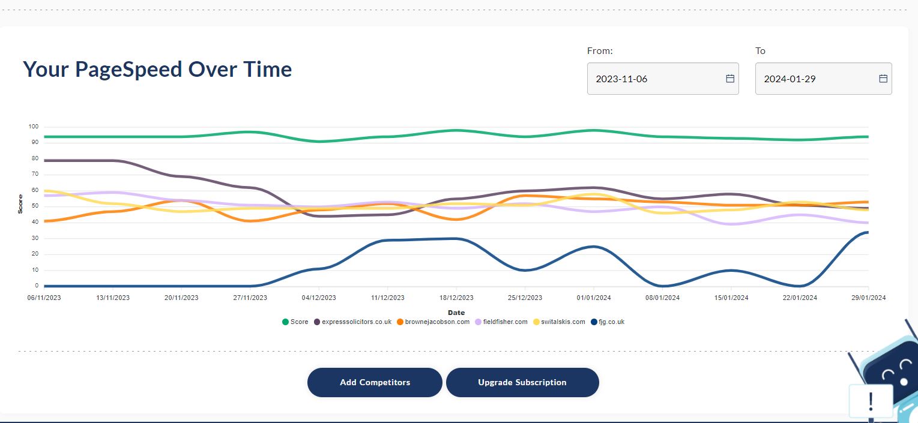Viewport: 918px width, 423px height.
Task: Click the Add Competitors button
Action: click(375, 382)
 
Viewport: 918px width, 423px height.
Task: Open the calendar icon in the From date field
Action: click(730, 79)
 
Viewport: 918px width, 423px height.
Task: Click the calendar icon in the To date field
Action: click(883, 79)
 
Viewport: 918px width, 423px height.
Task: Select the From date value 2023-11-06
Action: click(621, 79)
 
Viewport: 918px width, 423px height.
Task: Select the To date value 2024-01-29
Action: click(790, 79)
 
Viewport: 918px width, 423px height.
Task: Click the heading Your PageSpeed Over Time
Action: click(157, 69)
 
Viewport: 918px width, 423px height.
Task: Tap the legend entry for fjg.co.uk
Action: click(608, 322)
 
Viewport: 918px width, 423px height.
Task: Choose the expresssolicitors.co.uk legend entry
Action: click(353, 322)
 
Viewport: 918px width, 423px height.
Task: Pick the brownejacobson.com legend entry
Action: click(433, 322)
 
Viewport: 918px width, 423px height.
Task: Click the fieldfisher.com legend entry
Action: click(501, 322)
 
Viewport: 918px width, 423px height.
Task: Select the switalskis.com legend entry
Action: click(559, 322)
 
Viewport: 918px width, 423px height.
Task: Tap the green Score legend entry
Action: click(295, 322)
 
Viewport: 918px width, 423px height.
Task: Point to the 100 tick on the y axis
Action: click(34, 127)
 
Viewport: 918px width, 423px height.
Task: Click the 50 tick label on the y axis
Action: click(35, 206)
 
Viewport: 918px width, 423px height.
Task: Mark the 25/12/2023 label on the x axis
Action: click(525, 298)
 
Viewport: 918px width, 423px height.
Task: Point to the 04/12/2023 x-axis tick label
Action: click(319, 298)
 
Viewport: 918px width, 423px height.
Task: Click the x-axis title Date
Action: click(456, 313)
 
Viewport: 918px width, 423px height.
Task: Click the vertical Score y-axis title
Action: click(20, 204)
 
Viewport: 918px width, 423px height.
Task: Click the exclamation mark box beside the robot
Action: click(871, 402)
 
